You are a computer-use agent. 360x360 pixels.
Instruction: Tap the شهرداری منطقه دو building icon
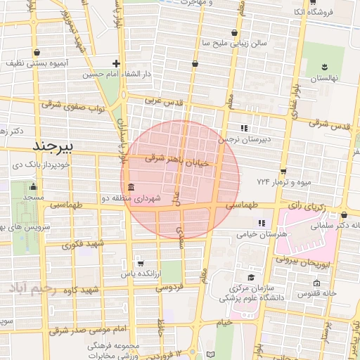point(132,187)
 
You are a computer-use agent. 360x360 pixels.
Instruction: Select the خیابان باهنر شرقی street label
point(177,161)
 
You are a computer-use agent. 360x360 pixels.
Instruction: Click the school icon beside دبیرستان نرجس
point(244,128)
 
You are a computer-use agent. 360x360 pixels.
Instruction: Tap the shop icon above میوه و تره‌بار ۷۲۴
point(283,171)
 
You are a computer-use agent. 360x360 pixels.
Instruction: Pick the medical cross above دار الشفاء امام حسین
point(116,63)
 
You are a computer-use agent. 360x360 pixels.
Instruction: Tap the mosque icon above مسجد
point(33,187)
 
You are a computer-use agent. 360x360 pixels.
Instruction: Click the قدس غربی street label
point(163,101)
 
